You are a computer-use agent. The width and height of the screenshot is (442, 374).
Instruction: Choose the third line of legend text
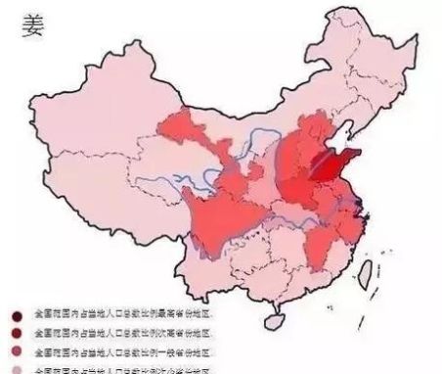pos(122,351)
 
